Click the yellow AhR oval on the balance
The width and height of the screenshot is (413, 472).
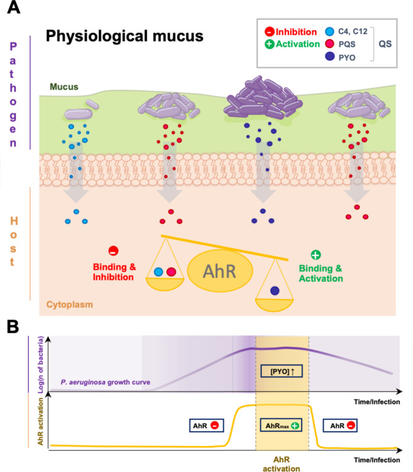click(220, 271)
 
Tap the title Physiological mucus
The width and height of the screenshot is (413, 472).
click(125, 36)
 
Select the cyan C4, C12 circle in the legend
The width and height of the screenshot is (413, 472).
click(330, 32)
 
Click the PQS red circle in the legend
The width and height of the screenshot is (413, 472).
click(330, 44)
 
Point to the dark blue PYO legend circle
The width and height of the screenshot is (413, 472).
click(330, 56)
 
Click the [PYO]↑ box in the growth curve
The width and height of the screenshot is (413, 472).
click(282, 371)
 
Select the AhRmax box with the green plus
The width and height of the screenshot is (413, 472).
click(282, 425)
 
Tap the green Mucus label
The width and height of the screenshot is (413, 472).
click(64, 87)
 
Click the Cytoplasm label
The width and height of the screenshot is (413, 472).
click(70, 305)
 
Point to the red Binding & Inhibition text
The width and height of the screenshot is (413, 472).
click(114, 272)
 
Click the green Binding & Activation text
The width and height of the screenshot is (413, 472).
click(320, 273)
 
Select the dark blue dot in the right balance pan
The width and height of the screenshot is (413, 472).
click(275, 290)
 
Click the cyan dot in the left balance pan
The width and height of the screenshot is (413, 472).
click(158, 272)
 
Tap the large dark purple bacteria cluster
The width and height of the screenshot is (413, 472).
click(262, 97)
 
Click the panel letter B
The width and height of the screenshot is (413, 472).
click(13, 327)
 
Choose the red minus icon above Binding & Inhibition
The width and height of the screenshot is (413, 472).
click(114, 251)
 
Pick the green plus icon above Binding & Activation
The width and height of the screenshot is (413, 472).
click(315, 255)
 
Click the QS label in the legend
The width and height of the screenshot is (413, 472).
click(385, 44)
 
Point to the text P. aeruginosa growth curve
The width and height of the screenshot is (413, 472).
click(106, 382)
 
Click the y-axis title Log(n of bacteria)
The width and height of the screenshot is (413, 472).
click(41, 365)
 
